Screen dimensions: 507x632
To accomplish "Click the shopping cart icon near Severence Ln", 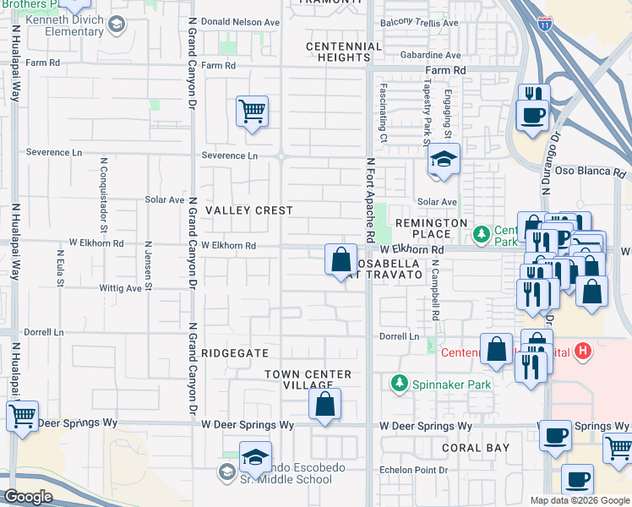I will (253, 112).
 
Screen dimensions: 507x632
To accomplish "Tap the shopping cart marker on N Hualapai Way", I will (22, 416).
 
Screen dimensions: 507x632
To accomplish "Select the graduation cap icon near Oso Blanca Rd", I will (443, 161).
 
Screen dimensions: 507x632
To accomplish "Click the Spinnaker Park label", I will (451, 384).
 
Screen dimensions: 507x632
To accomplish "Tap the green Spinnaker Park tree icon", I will (399, 384).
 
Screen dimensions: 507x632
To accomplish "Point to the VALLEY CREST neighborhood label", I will (249, 210).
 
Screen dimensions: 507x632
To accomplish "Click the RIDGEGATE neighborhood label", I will (234, 353).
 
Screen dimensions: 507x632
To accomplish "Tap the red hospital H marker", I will (583, 350).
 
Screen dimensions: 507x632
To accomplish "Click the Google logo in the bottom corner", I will (28, 497).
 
